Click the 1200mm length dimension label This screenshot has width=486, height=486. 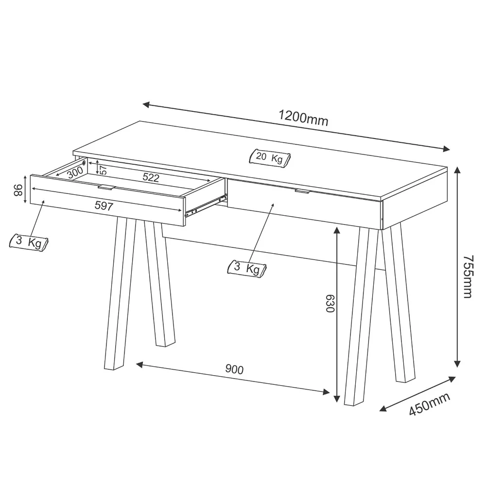point(303,118)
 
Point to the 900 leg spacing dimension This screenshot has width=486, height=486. point(234,369)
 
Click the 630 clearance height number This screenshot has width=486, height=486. point(330,303)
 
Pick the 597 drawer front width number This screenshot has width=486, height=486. point(104,206)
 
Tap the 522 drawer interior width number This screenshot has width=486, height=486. point(151,177)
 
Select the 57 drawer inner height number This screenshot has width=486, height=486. point(103,170)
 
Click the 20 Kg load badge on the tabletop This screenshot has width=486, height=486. point(269,158)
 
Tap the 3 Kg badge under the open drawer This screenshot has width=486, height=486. point(30,242)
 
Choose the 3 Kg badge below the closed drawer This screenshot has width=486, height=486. point(247,268)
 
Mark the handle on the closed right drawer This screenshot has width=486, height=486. point(302,192)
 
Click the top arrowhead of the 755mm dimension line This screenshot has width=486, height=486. point(457,170)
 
